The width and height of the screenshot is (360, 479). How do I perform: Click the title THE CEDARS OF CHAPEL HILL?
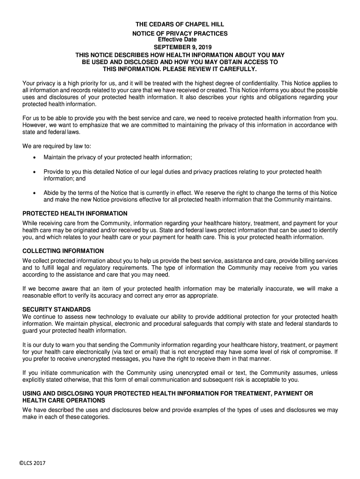(180, 24)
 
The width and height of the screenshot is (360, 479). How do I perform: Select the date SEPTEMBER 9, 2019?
(180, 47)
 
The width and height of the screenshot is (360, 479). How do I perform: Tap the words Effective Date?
(180, 40)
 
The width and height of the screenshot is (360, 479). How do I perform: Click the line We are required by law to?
(54, 146)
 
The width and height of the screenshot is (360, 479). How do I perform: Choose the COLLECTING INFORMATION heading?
(63, 251)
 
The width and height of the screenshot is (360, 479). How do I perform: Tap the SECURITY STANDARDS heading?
(57, 310)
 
